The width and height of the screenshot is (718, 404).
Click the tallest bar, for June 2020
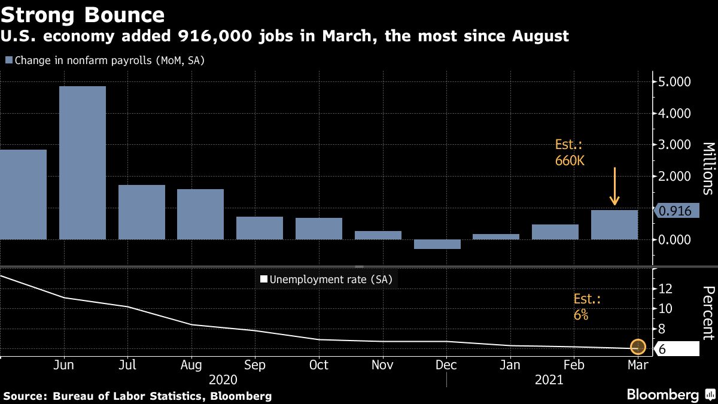click(x=82, y=163)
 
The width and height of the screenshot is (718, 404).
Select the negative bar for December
click(x=437, y=244)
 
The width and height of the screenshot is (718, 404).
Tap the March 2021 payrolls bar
click(x=614, y=225)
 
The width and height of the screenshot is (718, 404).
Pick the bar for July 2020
click(x=141, y=212)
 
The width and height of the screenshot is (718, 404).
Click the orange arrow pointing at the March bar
click(x=614, y=187)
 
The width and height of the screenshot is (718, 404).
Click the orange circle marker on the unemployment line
click(x=638, y=347)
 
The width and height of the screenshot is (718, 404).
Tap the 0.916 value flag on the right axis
click(x=676, y=211)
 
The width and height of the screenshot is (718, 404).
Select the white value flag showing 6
click(x=676, y=350)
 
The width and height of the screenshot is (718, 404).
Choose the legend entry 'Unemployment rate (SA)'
click(x=326, y=279)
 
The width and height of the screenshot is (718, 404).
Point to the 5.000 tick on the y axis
click(x=674, y=81)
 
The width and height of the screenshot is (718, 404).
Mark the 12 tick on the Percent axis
click(x=665, y=288)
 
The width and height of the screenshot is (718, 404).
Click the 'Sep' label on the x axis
click(x=255, y=365)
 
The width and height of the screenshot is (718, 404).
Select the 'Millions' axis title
click(x=707, y=168)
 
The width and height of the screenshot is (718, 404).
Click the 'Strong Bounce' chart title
click(x=83, y=14)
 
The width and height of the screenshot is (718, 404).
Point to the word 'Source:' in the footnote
click(x=25, y=396)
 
